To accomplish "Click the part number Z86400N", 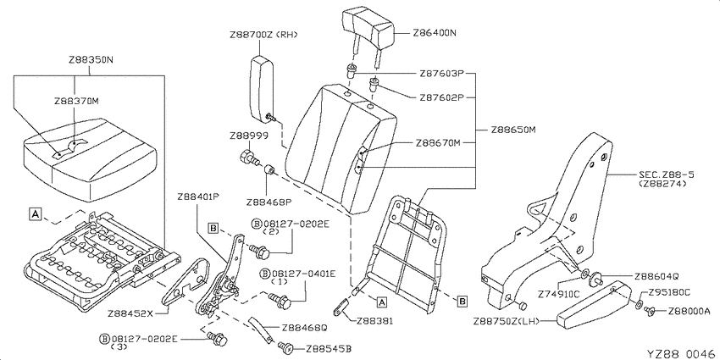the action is [435, 33].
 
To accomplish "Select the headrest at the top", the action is [368, 29].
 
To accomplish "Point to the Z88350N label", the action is [91, 59].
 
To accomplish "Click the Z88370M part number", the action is [76, 101].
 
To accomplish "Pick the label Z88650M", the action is [513, 130].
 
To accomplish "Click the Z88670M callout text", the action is [438, 143].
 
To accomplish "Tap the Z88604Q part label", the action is [656, 276].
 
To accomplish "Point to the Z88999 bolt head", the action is [247, 156].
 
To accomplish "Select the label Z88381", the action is [374, 321].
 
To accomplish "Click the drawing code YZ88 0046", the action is [681, 353].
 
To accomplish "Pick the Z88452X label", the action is [130, 314].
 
